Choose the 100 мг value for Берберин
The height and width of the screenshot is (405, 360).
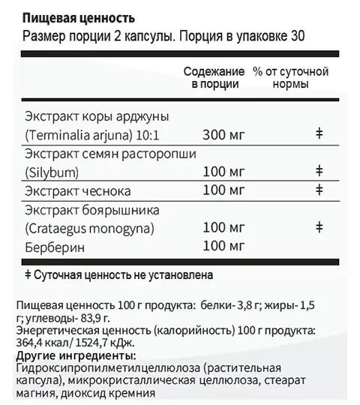(224, 246)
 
